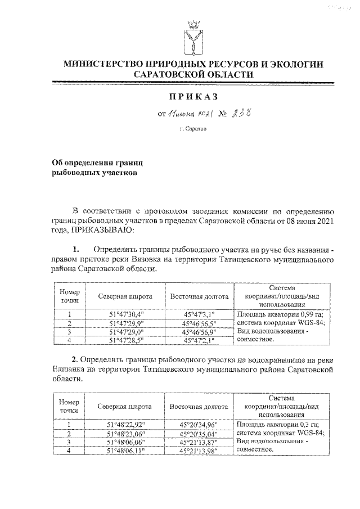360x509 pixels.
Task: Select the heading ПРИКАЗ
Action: [x=196, y=98]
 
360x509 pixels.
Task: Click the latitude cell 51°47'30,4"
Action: [x=125, y=314]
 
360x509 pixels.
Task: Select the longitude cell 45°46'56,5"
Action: [x=197, y=323]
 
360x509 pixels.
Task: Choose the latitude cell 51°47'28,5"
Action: [x=125, y=340]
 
